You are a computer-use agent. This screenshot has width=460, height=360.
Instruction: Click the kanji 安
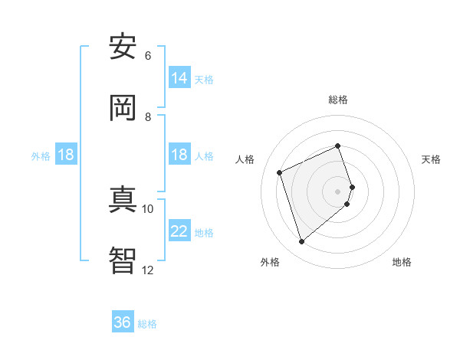click(x=123, y=47)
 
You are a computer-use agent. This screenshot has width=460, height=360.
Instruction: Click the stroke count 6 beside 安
click(x=147, y=56)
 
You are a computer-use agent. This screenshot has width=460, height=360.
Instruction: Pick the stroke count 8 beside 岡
click(x=147, y=117)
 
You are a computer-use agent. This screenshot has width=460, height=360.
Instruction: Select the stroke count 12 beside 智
click(x=147, y=270)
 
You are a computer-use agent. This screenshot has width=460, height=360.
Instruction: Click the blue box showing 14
click(x=179, y=77)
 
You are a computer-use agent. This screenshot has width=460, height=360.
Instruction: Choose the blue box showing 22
click(x=179, y=231)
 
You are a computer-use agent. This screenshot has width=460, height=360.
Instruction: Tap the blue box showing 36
click(x=123, y=322)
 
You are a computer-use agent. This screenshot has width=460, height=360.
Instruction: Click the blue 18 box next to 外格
click(x=66, y=155)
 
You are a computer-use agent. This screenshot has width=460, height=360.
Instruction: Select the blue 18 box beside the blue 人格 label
click(x=179, y=155)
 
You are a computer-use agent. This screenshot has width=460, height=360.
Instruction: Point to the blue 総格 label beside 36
click(x=147, y=324)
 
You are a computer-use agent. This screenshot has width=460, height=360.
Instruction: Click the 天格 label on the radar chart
click(x=432, y=159)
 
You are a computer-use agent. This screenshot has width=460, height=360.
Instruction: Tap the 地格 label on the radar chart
click(x=402, y=262)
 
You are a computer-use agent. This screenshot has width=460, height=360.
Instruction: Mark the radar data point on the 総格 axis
click(x=337, y=146)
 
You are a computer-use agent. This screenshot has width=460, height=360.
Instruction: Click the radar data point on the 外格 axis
click(x=301, y=242)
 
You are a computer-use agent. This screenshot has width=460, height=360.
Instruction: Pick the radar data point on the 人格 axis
click(x=280, y=172)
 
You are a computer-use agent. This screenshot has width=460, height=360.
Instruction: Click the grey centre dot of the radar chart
click(x=337, y=191)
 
